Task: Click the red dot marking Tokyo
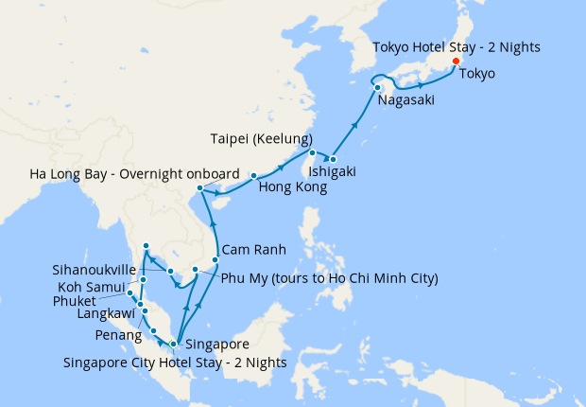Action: coord(456,62)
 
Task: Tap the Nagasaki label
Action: coord(407,100)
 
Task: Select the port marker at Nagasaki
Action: coord(378,88)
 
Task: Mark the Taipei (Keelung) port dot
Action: coord(312,152)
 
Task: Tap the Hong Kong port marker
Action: coord(254,176)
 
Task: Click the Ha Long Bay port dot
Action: coord(199,189)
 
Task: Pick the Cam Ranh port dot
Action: coord(216,259)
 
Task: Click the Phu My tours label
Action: coord(329,279)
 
